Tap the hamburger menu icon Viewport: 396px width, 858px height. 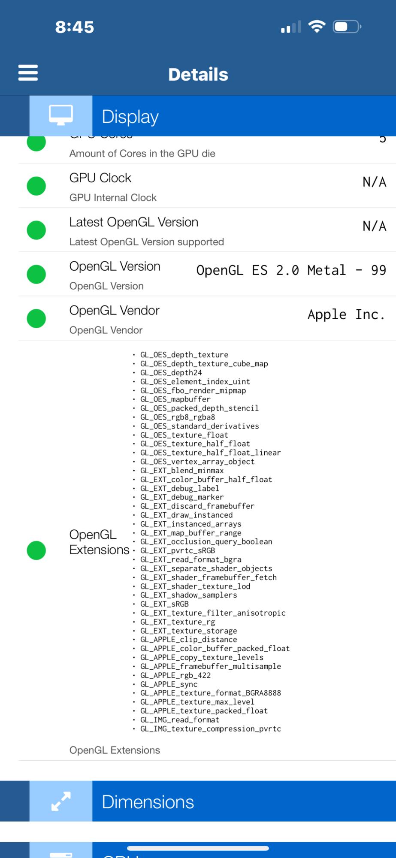pyautogui.click(x=28, y=73)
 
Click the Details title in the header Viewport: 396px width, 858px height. pyautogui.click(x=198, y=75)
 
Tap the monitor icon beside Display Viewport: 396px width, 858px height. pyautogui.click(x=61, y=115)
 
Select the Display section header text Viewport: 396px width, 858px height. pyautogui.click(x=130, y=117)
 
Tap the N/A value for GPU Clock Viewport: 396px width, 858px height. pyautogui.click(x=374, y=182)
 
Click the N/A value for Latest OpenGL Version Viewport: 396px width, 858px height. pyautogui.click(x=374, y=226)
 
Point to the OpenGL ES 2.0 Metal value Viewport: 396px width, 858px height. pyautogui.click(x=291, y=270)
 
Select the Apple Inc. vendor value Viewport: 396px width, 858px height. pyautogui.click(x=346, y=314)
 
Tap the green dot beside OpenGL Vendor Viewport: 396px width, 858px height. pyautogui.click(x=36, y=318)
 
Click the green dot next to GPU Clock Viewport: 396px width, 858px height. pyautogui.click(x=36, y=186)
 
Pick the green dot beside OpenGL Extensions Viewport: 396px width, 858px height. pyautogui.click(x=36, y=550)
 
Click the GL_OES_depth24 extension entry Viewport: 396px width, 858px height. pyautogui.click(x=171, y=373)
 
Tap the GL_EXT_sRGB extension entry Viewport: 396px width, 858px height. pyautogui.click(x=164, y=604)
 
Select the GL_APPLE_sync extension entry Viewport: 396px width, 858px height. pyautogui.click(x=169, y=684)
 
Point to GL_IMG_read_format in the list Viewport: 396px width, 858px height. pyautogui.click(x=179, y=720)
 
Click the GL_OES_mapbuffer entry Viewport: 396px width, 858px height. pyautogui.click(x=175, y=399)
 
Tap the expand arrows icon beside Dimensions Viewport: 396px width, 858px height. pyautogui.click(x=61, y=801)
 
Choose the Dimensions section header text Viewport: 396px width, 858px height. pyautogui.click(x=148, y=802)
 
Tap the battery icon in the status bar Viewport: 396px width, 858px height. pyautogui.click(x=347, y=27)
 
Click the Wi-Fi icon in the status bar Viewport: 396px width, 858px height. pyautogui.click(x=317, y=27)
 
